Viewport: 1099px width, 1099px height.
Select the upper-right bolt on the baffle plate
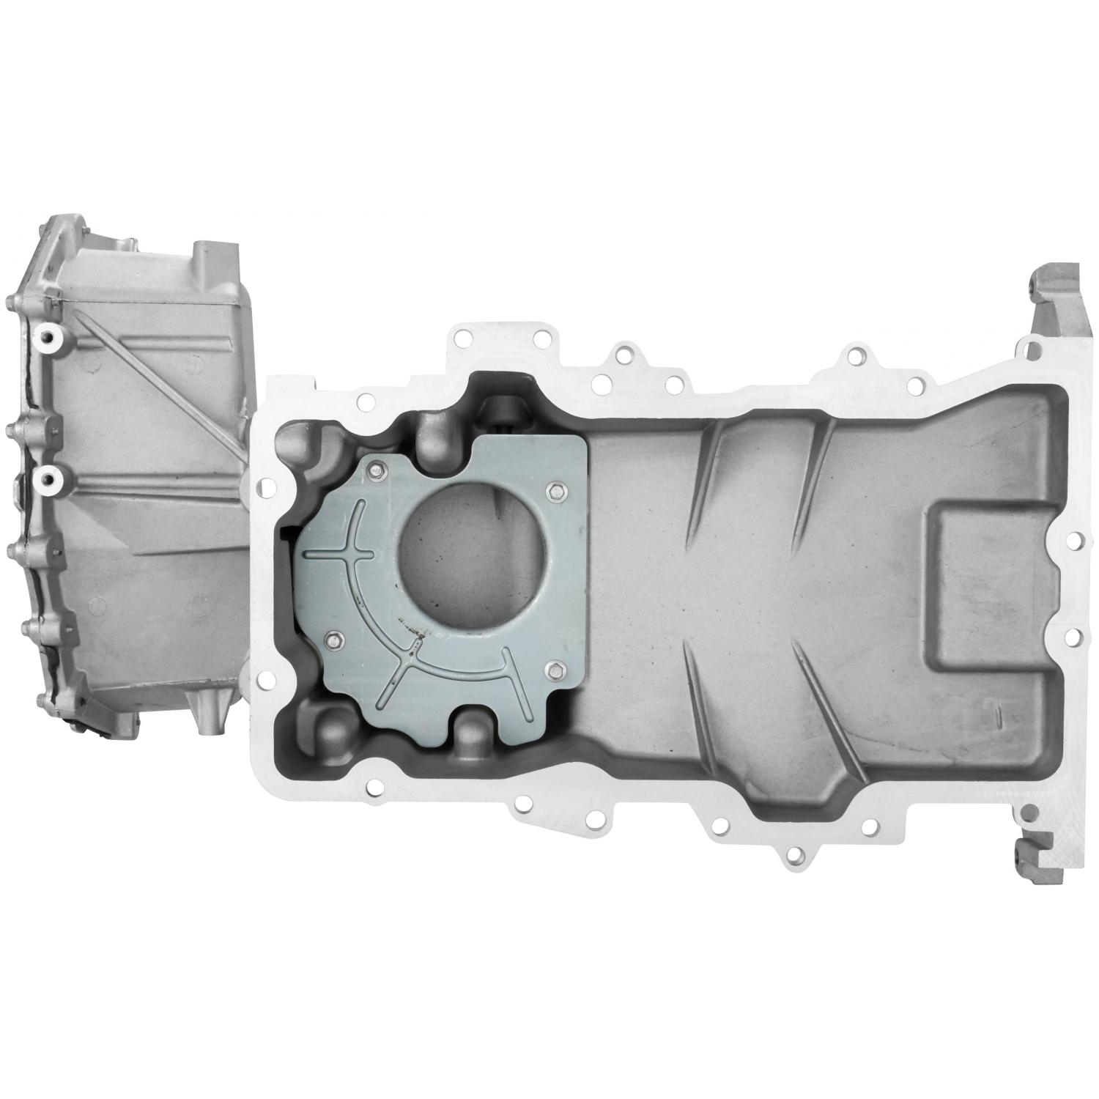pyautogui.click(x=554, y=489)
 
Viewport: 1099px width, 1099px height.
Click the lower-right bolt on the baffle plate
pyautogui.click(x=555, y=667)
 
